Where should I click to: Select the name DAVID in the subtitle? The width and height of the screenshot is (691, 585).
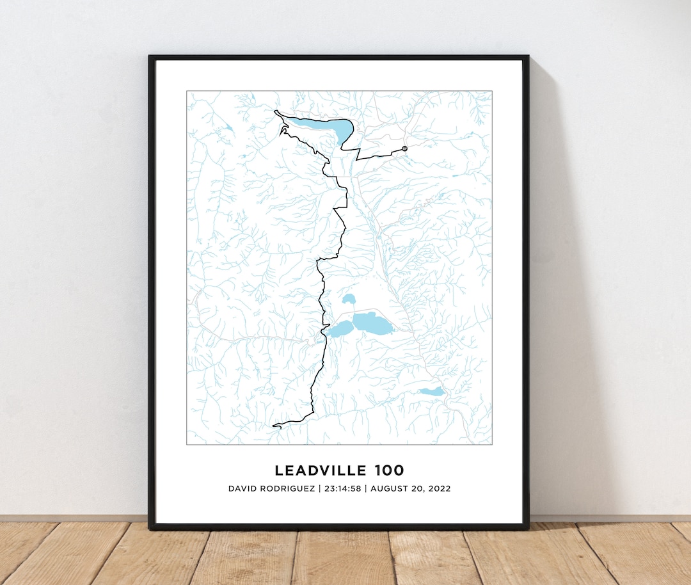pos(242,488)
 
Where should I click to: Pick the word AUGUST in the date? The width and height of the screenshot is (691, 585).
pos(390,488)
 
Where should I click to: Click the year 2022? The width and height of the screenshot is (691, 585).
pos(438,488)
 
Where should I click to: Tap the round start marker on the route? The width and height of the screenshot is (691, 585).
pos(404,148)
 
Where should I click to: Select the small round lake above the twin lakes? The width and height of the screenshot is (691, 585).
pos(349,299)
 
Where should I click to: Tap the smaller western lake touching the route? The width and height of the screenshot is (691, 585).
pos(340,329)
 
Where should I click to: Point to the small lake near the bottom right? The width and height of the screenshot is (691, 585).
pos(431,392)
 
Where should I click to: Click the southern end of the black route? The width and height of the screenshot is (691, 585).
pos(274,425)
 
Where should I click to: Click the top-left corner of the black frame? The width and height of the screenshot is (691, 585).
pos(150,57)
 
